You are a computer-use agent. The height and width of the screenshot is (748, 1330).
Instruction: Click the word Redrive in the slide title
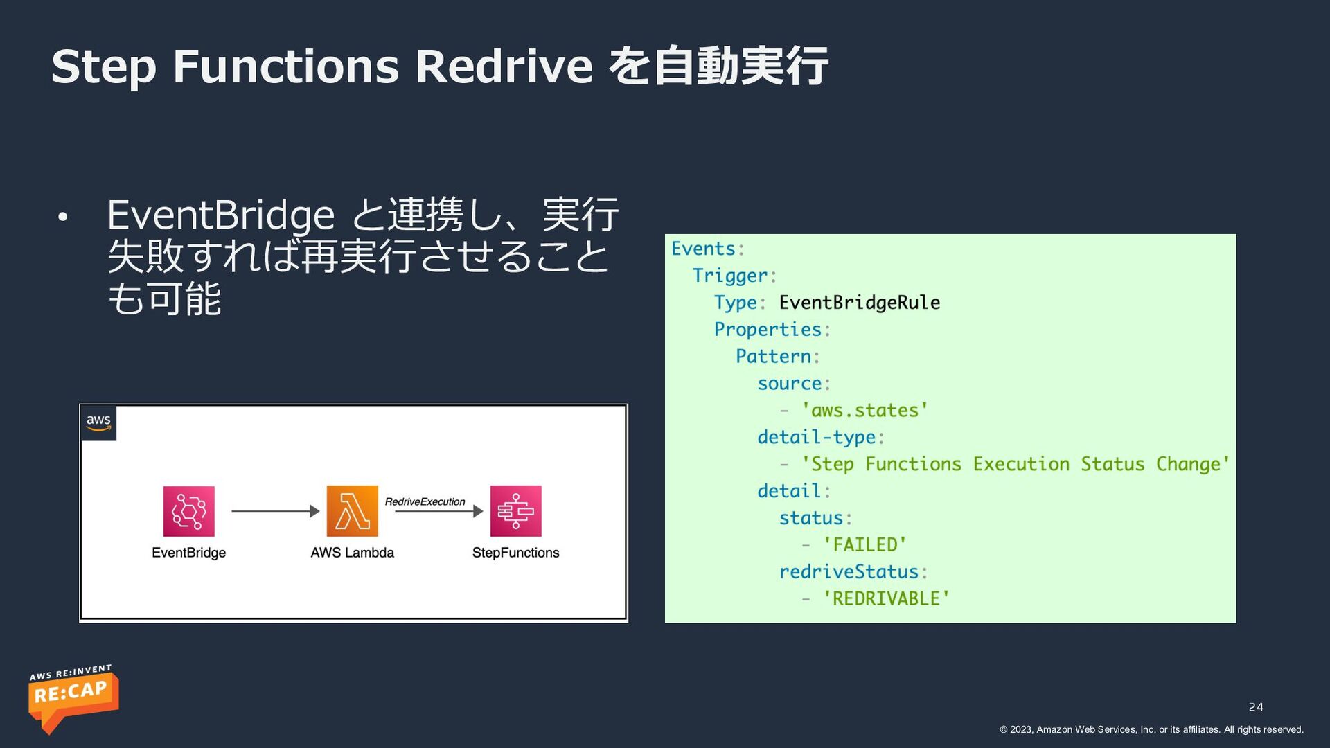pyautogui.click(x=504, y=66)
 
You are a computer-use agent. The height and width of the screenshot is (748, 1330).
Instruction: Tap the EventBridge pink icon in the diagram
pyautogui.click(x=188, y=511)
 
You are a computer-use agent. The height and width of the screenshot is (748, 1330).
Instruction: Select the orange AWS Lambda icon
pyautogui.click(x=352, y=511)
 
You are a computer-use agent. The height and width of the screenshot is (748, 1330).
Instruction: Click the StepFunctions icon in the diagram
pyautogui.click(x=515, y=511)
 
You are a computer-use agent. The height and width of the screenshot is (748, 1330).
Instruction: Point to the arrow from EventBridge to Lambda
pyautogui.click(x=275, y=511)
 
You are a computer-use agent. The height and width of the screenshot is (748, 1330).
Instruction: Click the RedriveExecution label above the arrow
pyautogui.click(x=425, y=501)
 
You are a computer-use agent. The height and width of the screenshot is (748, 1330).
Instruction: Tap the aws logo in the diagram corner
pyautogui.click(x=98, y=422)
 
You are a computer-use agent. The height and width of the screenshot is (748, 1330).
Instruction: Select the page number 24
pyautogui.click(x=1255, y=707)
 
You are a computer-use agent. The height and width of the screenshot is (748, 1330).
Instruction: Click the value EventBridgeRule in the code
pyautogui.click(x=859, y=303)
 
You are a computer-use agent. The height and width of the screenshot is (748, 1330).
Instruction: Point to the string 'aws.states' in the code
pyautogui.click(x=864, y=411)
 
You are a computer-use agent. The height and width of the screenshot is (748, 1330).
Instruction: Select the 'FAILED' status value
pyautogui.click(x=864, y=545)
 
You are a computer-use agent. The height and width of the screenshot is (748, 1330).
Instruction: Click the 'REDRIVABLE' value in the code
pyautogui.click(x=886, y=599)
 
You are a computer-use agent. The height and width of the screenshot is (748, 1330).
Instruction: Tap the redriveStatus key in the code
pyautogui.click(x=849, y=572)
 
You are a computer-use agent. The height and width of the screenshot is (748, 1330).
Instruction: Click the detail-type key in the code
pyautogui.click(x=816, y=438)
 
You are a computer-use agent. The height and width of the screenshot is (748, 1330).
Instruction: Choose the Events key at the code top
pyautogui.click(x=702, y=249)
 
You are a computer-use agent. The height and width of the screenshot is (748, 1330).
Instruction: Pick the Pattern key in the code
pyautogui.click(x=773, y=357)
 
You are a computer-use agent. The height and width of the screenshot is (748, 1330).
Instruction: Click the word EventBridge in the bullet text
pyautogui.click(x=220, y=215)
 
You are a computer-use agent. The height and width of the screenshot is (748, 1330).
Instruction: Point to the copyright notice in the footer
pyautogui.click(x=1151, y=729)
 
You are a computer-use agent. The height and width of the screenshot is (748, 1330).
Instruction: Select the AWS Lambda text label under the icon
pyautogui.click(x=352, y=553)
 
